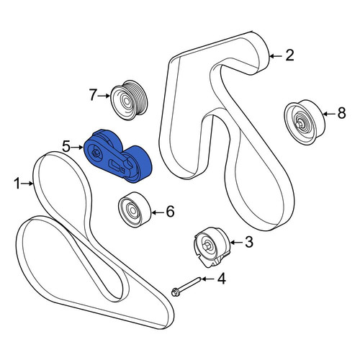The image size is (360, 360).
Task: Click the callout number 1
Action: (17, 184)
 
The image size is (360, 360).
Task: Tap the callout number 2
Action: (289, 55)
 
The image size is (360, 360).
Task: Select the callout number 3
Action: (249, 242)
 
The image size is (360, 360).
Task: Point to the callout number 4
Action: (221, 279)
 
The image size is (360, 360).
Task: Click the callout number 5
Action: (66, 147)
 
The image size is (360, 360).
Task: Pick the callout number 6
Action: (170, 212)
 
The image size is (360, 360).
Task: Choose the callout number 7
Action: (93, 95)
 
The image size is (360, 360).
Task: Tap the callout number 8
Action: (341, 113)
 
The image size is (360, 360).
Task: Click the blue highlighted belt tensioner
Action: (117, 156)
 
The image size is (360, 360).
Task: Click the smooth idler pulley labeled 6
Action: (135, 210)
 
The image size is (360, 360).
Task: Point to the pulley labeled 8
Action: (305, 122)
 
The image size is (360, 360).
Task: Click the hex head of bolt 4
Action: (174, 293)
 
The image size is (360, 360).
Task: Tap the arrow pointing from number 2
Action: (276, 56)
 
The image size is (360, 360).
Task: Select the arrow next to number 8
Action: (329, 114)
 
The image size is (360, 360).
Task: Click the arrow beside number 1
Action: (27, 184)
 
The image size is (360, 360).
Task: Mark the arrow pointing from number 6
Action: (157, 212)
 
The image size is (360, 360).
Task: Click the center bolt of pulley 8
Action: (298, 125)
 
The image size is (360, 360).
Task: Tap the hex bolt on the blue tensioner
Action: (95, 153)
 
